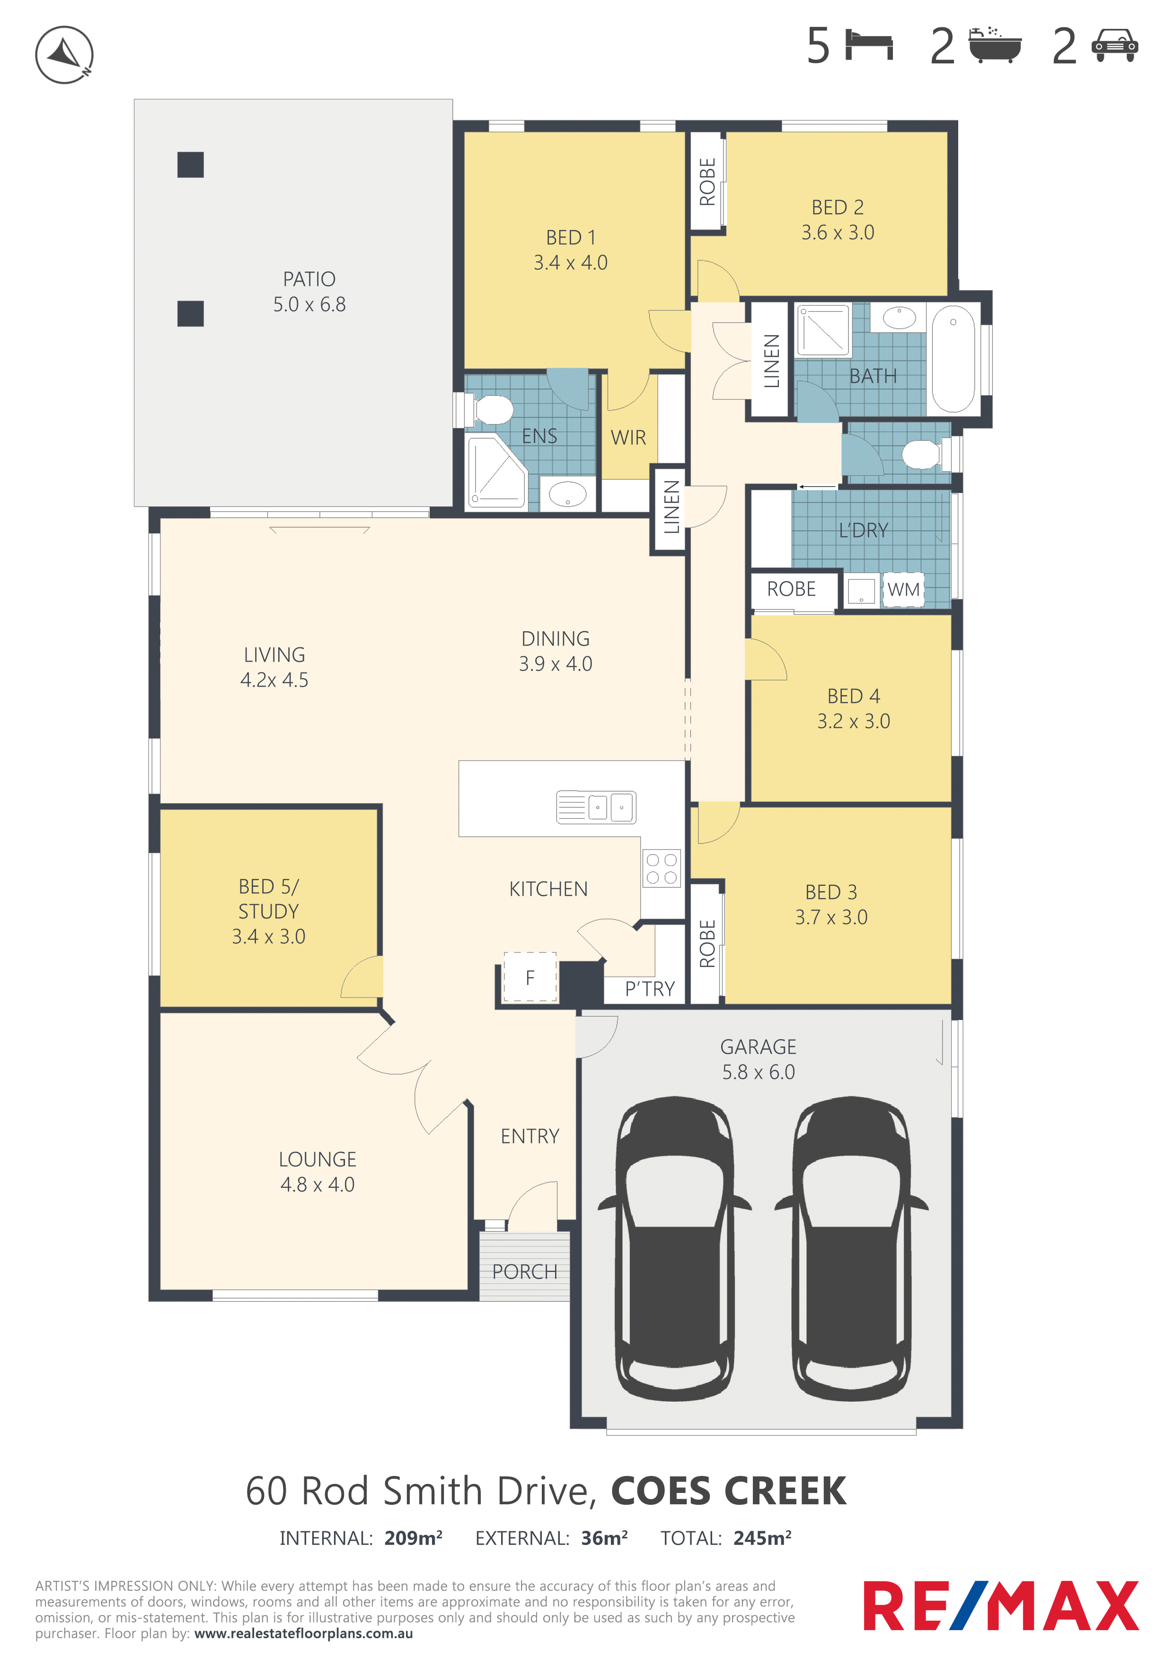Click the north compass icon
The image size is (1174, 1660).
pos(64,55)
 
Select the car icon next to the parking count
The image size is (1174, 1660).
pos(1115,45)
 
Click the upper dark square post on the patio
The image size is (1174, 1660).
pos(190,165)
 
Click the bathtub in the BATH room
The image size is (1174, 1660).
pos(953,359)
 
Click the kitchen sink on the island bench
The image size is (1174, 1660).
pos(596,807)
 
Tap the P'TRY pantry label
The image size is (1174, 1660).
pos(650,989)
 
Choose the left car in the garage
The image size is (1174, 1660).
pos(674,1249)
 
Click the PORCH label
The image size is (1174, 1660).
pos(525,1272)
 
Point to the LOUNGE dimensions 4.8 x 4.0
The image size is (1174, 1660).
pos(318,1184)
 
